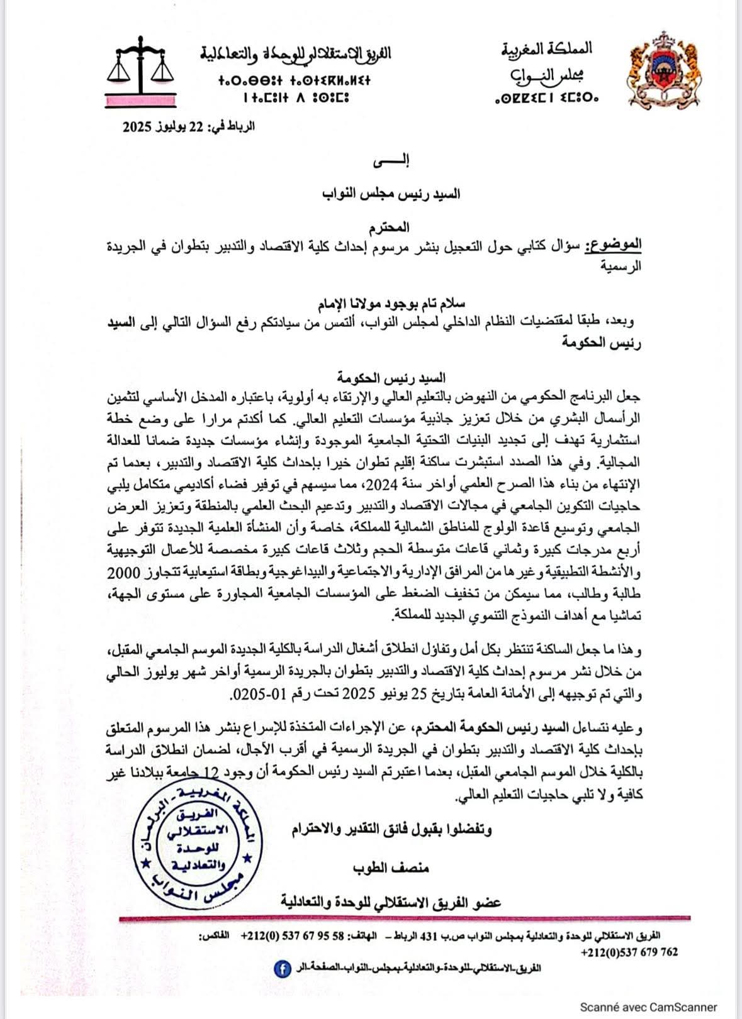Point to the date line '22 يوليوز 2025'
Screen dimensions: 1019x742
tap(189, 126)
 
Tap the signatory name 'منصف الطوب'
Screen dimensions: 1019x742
tap(391, 868)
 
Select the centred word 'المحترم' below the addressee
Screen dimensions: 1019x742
tap(391, 227)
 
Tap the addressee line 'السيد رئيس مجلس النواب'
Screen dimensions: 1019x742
tap(391, 194)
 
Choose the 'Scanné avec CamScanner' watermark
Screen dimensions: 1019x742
tap(648, 1007)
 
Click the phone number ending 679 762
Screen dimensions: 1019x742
tap(629, 952)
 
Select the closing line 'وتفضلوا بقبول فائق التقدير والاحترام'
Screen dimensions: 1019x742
tap(391, 830)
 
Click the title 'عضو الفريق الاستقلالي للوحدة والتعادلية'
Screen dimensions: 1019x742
tap(391, 903)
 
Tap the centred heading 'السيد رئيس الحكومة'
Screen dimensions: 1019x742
tap(391, 378)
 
